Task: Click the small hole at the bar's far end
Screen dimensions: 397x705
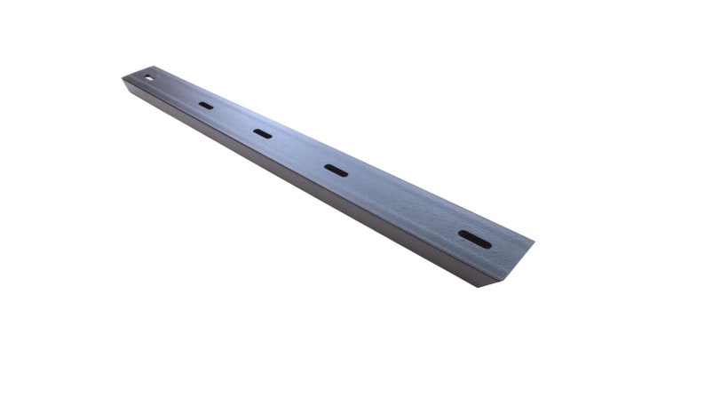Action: [149, 77]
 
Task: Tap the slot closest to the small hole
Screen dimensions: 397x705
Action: [206, 105]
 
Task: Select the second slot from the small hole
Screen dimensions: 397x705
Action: [262, 133]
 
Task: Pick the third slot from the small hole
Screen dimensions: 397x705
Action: [336, 170]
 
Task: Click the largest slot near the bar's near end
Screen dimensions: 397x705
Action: [474, 238]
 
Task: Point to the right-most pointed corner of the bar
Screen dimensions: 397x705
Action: [535, 241]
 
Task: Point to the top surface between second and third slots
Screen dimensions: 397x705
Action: [298, 151]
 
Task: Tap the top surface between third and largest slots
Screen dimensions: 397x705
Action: [404, 203]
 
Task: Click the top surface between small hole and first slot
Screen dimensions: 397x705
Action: [178, 91]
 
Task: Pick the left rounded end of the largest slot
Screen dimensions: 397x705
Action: [462, 233]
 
